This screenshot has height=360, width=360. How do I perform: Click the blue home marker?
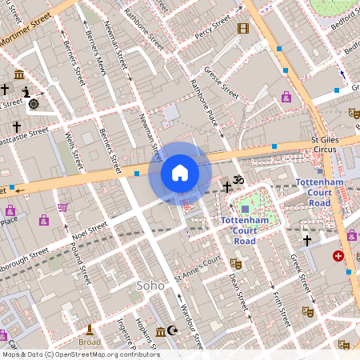click(x=180, y=172)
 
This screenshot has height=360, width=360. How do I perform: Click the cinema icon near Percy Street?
click(x=243, y=29)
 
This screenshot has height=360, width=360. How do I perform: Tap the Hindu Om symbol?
click(x=237, y=179)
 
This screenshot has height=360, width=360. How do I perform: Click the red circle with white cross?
click(x=338, y=256)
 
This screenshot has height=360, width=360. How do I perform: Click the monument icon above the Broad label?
click(x=90, y=330)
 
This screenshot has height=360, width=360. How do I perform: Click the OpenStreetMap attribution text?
click(x=80, y=354)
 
